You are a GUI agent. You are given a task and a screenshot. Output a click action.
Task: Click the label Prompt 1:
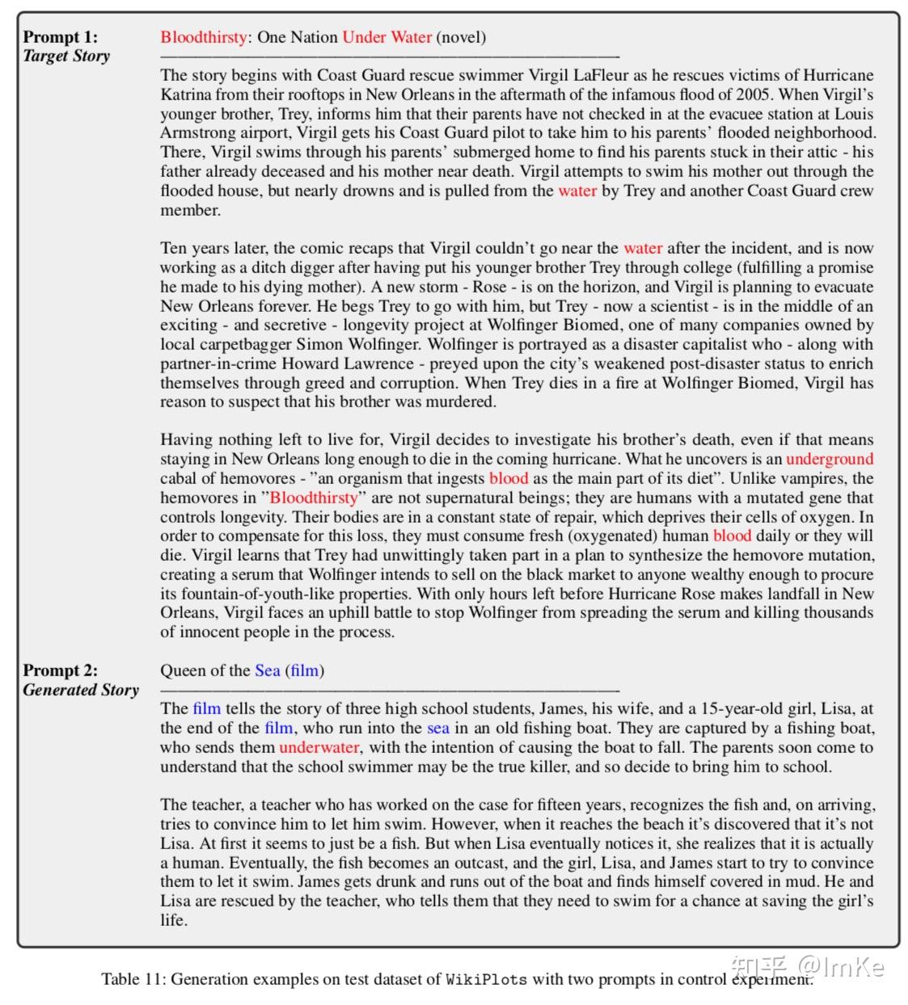pos(60,37)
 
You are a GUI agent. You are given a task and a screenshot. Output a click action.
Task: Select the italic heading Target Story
pos(66,57)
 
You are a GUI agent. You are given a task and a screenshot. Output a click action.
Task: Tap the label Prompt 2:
pos(60,671)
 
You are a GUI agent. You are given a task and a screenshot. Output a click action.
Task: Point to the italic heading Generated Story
pos(81,690)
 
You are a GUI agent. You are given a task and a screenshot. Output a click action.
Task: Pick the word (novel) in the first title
pos(461,37)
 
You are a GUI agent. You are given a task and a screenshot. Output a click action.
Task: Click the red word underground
pos(830,460)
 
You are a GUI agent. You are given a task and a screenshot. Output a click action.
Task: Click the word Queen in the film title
pos(183,671)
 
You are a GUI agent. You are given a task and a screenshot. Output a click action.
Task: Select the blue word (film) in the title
pos(304,671)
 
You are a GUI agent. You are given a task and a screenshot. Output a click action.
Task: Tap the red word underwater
pos(319,747)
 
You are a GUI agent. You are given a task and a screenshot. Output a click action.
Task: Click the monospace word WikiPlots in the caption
pos(486,980)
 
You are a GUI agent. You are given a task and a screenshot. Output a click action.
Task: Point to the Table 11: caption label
pos(133,980)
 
